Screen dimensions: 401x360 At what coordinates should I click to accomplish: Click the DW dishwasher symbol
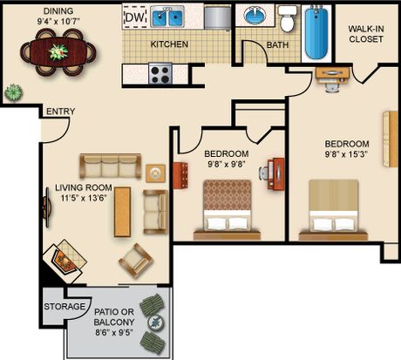(x=135, y=17)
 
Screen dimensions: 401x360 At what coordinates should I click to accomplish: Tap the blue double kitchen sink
(x=167, y=17)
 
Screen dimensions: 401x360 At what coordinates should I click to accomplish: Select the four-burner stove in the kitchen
(x=160, y=74)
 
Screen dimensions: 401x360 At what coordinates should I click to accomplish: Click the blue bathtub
(x=316, y=32)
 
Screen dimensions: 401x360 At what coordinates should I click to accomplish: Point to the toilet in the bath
(x=287, y=20)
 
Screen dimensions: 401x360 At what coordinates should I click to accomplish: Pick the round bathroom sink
(x=255, y=16)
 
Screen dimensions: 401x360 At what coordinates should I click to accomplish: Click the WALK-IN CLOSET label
(x=366, y=34)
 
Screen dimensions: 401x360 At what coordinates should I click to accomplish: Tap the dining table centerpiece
(x=58, y=52)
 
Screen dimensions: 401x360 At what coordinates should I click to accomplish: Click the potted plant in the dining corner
(x=13, y=92)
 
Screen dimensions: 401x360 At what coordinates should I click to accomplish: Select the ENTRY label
(x=61, y=112)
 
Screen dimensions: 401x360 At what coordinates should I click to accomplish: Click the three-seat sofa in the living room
(x=111, y=166)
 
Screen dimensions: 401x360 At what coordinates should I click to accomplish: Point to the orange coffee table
(x=122, y=212)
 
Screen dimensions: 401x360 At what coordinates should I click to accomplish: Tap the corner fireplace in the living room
(x=65, y=261)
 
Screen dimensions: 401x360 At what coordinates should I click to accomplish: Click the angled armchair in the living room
(x=136, y=261)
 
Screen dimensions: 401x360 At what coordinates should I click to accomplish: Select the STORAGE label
(x=65, y=307)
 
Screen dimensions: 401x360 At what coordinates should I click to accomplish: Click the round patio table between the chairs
(x=156, y=323)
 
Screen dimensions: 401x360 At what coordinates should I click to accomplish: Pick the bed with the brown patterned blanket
(x=227, y=210)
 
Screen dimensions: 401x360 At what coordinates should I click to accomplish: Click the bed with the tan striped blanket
(x=333, y=210)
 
